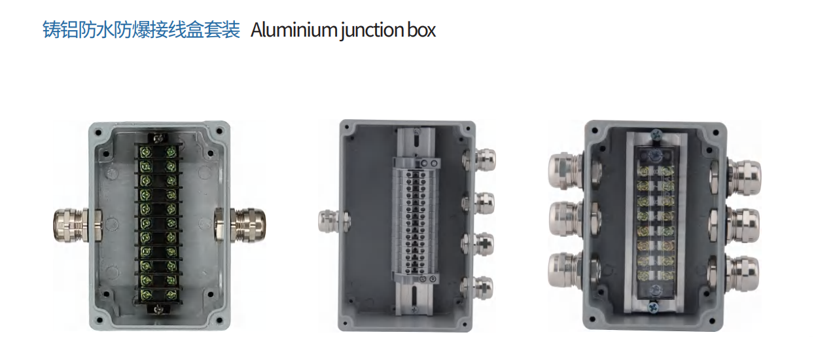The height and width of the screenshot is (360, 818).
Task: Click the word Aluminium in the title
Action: [293, 30]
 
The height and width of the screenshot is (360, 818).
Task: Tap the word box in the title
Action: [421, 30]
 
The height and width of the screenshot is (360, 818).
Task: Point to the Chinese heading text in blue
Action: [141, 29]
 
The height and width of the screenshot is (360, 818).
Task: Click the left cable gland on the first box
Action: [77, 225]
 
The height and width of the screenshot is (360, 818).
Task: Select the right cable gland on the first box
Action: [240, 225]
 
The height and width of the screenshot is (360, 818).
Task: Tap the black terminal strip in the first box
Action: [158, 223]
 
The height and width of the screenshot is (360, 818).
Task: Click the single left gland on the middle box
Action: [334, 221]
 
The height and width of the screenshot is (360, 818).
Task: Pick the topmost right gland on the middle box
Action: [479, 160]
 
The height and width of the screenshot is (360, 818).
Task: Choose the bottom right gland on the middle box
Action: [477, 288]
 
